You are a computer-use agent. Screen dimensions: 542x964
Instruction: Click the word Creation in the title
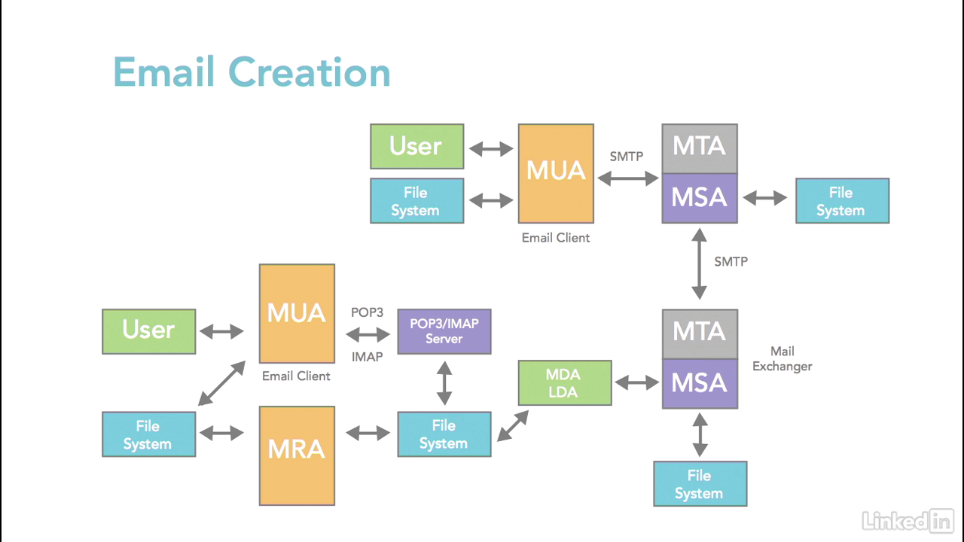[310, 72]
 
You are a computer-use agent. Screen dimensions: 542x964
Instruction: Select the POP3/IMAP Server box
[444, 331]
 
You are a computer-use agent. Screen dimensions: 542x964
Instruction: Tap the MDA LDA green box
[564, 382]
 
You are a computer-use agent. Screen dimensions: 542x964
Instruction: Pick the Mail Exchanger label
[782, 358]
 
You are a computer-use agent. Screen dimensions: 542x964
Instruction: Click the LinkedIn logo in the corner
[908, 519]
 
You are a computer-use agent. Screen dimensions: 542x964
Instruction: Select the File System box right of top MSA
[842, 201]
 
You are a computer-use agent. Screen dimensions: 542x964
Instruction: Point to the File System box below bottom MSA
[700, 484]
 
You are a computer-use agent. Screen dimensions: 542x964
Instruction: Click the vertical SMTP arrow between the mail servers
[700, 266]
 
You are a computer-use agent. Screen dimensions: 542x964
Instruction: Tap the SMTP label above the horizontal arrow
[627, 157]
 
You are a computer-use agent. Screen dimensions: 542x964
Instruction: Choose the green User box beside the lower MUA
[148, 331]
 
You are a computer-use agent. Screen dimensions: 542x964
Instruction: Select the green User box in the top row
[416, 146]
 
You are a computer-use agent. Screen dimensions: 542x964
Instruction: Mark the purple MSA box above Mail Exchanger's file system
[700, 383]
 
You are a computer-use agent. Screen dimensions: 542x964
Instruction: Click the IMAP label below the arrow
[368, 357]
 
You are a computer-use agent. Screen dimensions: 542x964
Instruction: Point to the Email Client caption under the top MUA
[556, 238]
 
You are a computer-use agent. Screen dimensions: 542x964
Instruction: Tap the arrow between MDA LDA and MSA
[637, 382]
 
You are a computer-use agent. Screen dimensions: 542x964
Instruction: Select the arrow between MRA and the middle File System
[368, 433]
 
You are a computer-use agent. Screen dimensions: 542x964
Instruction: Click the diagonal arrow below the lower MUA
[221, 383]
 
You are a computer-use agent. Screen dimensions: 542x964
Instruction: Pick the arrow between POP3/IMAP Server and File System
[444, 382]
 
